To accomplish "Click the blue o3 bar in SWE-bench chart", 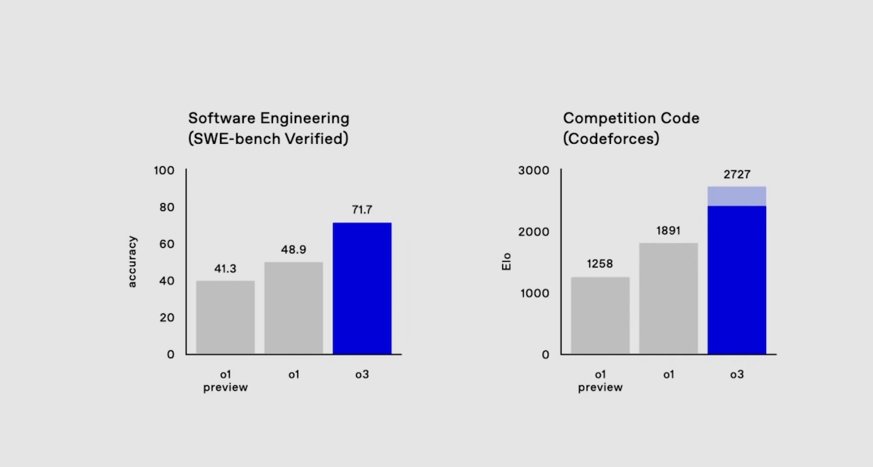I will click(362, 288).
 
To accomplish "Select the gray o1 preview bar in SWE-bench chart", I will click(225, 317).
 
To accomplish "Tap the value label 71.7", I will click(362, 209).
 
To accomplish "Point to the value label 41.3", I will click(225, 267).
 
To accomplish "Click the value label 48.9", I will click(293, 249).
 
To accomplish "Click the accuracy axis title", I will click(133, 262).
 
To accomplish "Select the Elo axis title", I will click(508, 262).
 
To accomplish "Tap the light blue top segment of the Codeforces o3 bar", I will click(737, 196).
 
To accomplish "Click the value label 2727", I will click(737, 175).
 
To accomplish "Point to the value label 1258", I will click(600, 264).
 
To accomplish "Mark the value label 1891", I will click(668, 230).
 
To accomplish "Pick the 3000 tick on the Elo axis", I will click(535, 171).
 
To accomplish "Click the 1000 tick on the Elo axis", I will click(535, 293).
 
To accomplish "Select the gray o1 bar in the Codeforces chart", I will click(668, 298).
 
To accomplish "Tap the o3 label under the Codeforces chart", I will click(737, 375).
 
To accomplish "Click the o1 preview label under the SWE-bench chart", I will click(225, 381).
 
